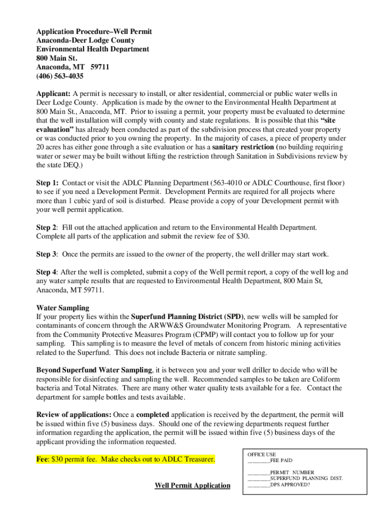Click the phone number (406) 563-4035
coord(59,76)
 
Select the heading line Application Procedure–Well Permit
coord(94,31)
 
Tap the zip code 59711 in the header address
coord(100,67)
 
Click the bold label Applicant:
coord(53,93)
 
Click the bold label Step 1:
coord(47,183)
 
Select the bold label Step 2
coord(46,227)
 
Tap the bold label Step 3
coord(46,254)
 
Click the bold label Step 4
coord(46,272)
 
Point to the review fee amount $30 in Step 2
coord(243,236)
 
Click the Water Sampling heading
coord(63,308)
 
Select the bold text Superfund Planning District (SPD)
coord(187,317)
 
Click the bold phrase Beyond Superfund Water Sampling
coord(94,370)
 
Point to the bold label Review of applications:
coord(74,415)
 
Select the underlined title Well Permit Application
coord(192,485)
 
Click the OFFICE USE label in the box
coord(261,454)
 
